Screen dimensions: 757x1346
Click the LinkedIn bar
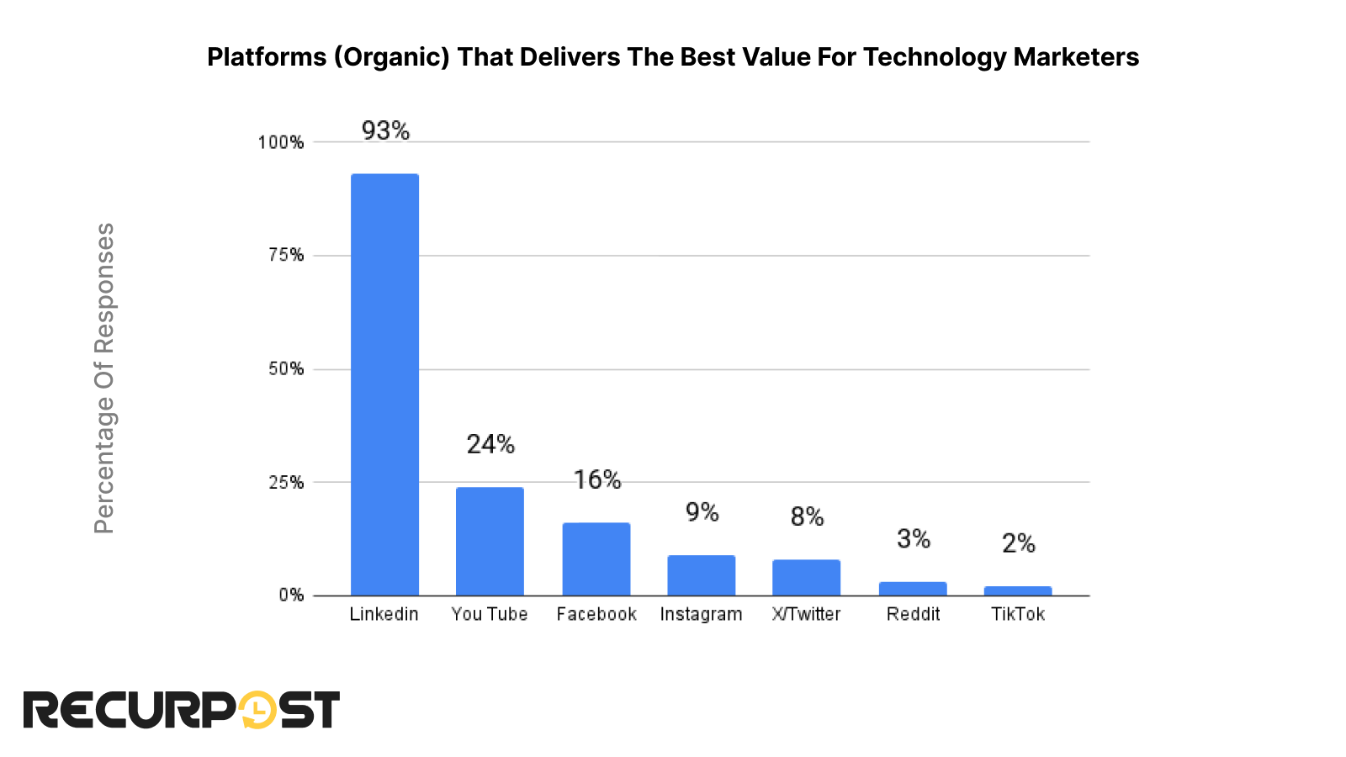click(x=384, y=384)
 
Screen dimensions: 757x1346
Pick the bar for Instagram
click(x=701, y=575)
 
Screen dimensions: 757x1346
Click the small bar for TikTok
click(x=1018, y=590)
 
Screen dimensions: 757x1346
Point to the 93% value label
click(x=385, y=130)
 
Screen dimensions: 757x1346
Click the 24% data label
click(x=490, y=444)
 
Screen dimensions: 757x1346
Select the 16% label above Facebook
click(x=596, y=479)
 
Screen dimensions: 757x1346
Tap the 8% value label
click(x=807, y=516)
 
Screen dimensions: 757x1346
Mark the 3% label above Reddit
click(x=913, y=538)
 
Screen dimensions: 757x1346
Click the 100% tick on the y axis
click(x=280, y=142)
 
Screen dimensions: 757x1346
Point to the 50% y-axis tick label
click(x=285, y=369)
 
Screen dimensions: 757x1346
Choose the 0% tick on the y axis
click(x=291, y=596)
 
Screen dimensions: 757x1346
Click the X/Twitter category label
click(x=806, y=614)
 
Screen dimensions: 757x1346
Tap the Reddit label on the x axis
click(x=913, y=614)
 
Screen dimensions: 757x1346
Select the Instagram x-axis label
click(x=701, y=614)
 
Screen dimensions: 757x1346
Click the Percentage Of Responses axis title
click(x=103, y=378)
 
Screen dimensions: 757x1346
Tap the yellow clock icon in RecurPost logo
click(x=257, y=710)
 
